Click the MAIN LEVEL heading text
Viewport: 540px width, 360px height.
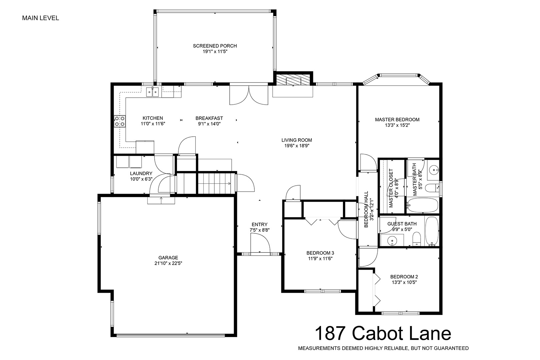[41, 18]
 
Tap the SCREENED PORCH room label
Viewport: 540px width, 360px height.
[215, 46]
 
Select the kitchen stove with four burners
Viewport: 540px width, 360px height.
[120, 121]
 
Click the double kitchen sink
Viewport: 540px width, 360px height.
[153, 92]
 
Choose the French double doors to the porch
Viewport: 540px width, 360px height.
[249, 94]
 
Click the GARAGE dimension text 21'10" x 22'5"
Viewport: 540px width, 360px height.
[168, 263]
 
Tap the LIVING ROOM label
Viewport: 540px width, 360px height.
[297, 140]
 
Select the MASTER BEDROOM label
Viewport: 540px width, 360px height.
[397, 120]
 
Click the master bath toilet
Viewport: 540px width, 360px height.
[432, 188]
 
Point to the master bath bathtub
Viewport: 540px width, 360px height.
[422, 205]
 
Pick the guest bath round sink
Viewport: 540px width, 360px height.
[392, 241]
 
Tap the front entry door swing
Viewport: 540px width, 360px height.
[260, 244]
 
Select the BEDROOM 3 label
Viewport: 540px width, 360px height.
[320, 253]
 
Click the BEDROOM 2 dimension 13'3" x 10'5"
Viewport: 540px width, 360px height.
[404, 282]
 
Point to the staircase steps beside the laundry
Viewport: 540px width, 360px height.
[216, 183]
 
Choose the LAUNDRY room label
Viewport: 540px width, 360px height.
[141, 173]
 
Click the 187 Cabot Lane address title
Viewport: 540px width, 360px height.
[383, 333]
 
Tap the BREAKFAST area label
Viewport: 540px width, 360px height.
[209, 118]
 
